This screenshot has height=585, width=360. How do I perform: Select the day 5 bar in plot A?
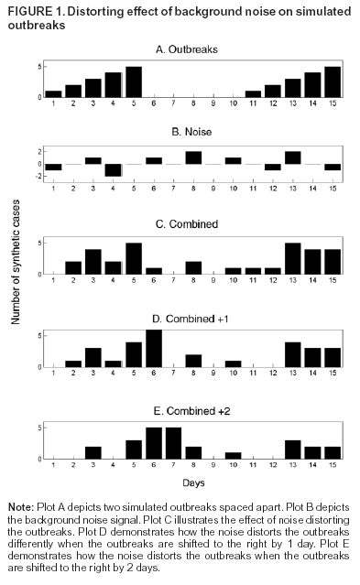[x=133, y=81]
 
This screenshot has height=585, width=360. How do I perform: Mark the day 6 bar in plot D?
[x=153, y=349]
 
